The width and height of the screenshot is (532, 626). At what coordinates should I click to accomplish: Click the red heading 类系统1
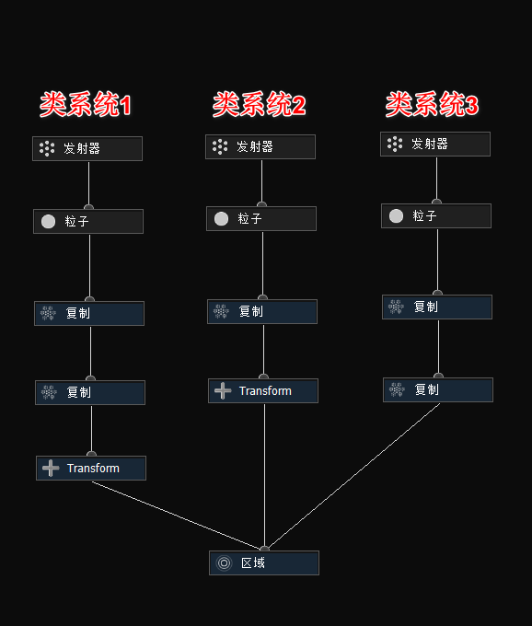(86, 105)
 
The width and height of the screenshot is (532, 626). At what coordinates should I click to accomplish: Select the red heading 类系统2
(259, 105)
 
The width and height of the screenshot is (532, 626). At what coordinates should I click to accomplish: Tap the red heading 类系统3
(432, 105)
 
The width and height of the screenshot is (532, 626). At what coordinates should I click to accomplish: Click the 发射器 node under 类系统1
(87, 148)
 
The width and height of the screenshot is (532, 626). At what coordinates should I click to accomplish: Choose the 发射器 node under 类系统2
(260, 146)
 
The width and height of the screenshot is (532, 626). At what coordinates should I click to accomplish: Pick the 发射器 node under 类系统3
(435, 144)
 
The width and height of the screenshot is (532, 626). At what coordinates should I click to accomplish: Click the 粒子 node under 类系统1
(88, 221)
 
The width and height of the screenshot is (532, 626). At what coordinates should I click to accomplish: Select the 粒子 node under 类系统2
(261, 218)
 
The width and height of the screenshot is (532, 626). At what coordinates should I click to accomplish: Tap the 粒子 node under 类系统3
(436, 215)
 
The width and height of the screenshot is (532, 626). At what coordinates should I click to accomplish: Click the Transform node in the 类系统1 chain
(91, 468)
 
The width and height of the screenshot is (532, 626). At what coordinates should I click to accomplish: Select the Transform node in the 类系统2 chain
(263, 390)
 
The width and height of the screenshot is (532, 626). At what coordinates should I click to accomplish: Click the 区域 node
(264, 562)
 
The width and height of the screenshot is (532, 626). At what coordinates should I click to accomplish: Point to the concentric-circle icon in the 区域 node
(224, 562)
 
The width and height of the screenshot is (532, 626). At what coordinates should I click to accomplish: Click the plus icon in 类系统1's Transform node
(51, 468)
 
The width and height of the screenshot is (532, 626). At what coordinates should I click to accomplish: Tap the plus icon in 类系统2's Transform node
(223, 390)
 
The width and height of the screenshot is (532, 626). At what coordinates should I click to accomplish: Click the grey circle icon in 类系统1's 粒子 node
(48, 221)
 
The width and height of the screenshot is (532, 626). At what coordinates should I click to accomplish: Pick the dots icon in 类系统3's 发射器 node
(395, 144)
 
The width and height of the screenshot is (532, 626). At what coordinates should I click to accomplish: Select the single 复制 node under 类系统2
(262, 311)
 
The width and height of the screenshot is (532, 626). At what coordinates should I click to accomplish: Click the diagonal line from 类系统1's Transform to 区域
(175, 514)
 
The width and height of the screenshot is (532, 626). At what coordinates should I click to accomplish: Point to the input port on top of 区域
(265, 549)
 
